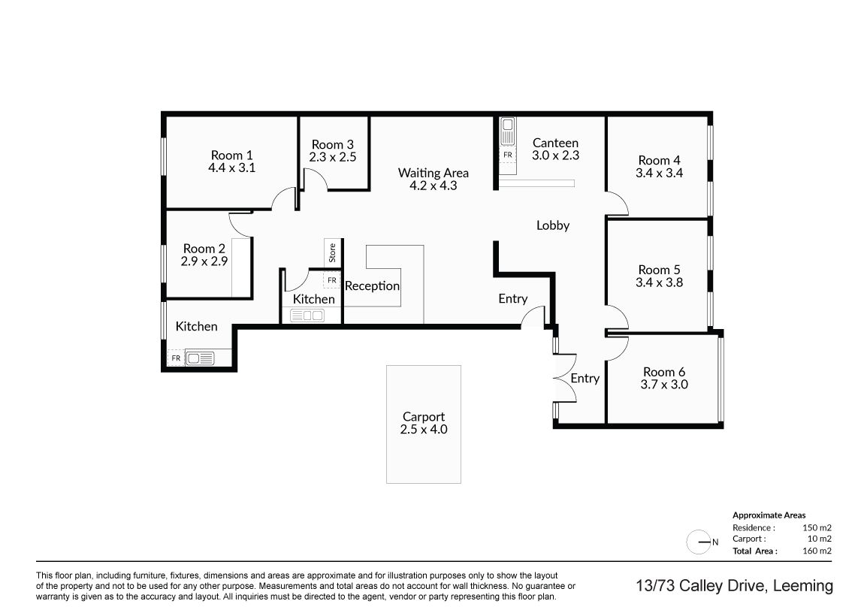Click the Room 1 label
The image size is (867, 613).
[x=231, y=156]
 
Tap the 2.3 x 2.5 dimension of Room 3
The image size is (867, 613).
[x=332, y=157]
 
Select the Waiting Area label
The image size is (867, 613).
[x=433, y=173]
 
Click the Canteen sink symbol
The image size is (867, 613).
[x=507, y=131]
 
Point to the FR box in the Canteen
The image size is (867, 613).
[x=508, y=155]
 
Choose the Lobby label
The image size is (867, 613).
[x=553, y=225]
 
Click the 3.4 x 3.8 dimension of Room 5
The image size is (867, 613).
[x=659, y=282]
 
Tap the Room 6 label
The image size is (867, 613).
[x=664, y=372]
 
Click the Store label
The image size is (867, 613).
[x=332, y=252]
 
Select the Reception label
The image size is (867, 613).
[x=372, y=286]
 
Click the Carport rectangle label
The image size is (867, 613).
[x=424, y=417]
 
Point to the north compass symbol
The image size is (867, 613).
[x=700, y=542]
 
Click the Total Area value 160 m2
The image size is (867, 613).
[x=817, y=551]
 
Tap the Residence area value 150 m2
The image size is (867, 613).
[x=817, y=528]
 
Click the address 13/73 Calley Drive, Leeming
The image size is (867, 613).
[x=734, y=586]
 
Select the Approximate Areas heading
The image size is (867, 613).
[x=769, y=515]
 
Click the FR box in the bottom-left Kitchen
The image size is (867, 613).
[x=176, y=358]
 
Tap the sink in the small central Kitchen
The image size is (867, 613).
[x=307, y=316]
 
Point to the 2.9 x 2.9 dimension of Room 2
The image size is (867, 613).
[x=204, y=261]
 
